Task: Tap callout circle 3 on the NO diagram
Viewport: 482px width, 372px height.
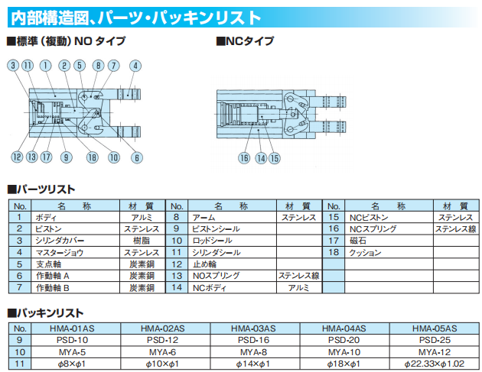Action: coord(14,66)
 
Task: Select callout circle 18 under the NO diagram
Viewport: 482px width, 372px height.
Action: coord(93,158)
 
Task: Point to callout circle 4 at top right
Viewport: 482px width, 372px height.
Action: coord(135,66)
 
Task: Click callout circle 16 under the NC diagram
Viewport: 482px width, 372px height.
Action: coord(244,158)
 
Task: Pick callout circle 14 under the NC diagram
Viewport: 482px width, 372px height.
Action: coord(261,158)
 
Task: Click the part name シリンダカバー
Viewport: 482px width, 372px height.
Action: coord(60,240)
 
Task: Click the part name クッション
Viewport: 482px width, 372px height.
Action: coord(365,251)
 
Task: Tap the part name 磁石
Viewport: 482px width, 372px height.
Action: coord(360,240)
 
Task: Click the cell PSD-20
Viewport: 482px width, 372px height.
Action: coord(344,340)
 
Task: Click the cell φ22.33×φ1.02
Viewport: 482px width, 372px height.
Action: coord(434,364)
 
